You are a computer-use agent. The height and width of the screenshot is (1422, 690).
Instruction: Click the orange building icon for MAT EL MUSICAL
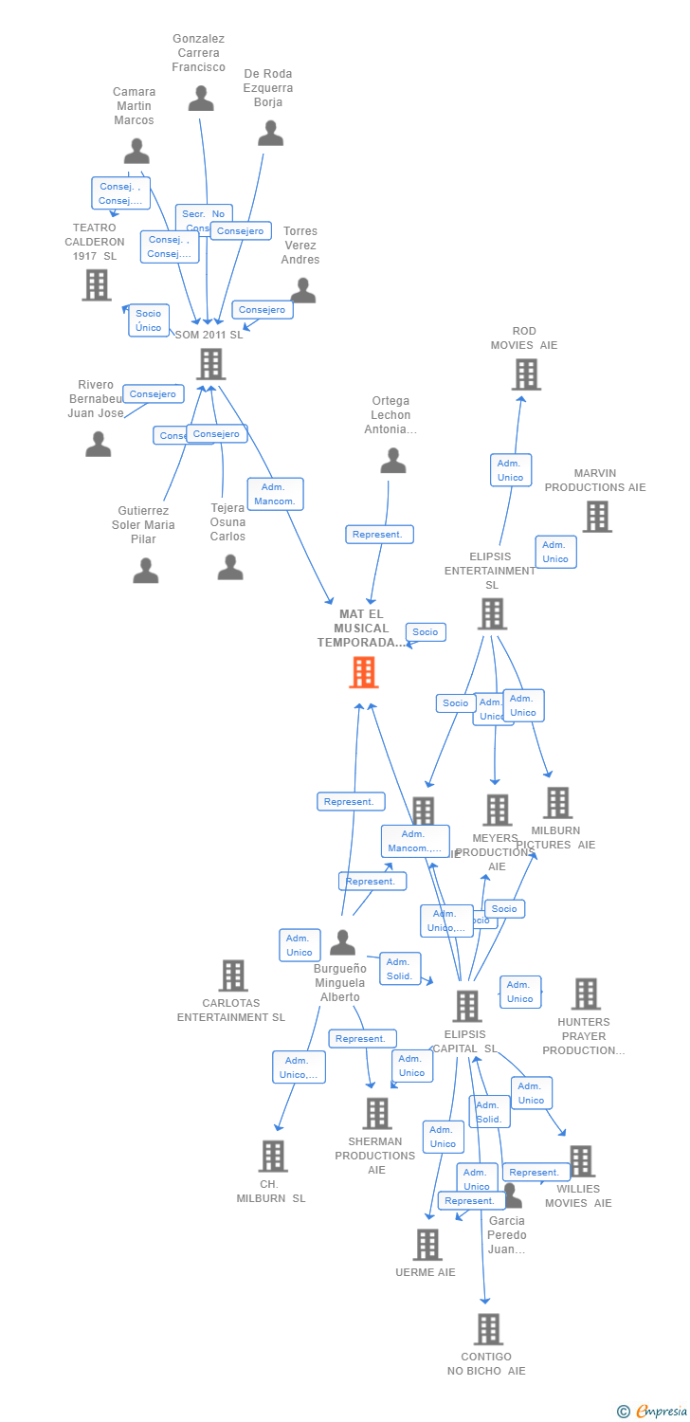(x=364, y=672)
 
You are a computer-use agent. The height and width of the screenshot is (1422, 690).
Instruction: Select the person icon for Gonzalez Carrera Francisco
(x=201, y=99)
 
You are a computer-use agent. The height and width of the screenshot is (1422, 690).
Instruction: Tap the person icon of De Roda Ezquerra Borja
(x=271, y=134)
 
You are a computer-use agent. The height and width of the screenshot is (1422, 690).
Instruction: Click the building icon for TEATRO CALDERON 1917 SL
(x=97, y=284)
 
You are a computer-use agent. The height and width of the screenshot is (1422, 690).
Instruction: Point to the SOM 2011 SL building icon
(x=210, y=364)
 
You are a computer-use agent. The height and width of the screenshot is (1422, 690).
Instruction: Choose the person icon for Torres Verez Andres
(x=303, y=290)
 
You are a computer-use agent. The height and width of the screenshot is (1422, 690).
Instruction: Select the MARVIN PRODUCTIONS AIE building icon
(x=596, y=517)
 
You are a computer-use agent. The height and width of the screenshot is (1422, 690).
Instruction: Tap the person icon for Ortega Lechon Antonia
(x=392, y=461)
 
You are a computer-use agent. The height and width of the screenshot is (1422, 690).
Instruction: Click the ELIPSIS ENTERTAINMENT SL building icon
(x=492, y=614)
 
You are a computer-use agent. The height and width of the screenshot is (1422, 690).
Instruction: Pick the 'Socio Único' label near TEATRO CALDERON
(x=149, y=320)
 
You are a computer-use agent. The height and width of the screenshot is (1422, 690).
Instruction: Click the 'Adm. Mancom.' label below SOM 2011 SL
(x=276, y=494)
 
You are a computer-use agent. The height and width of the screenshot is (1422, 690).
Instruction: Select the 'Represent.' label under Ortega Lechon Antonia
(x=379, y=535)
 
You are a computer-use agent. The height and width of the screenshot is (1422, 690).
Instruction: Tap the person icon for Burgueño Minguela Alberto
(x=342, y=943)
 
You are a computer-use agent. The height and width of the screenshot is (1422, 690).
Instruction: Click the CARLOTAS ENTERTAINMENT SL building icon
(x=233, y=975)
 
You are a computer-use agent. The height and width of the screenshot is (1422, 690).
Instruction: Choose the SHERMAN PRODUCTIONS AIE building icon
(x=377, y=1114)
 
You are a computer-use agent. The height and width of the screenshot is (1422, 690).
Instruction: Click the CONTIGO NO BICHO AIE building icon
(x=488, y=1329)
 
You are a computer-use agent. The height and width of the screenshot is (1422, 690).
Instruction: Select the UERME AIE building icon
(x=428, y=1245)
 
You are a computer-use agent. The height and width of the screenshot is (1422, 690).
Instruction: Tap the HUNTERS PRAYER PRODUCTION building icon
(x=586, y=994)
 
